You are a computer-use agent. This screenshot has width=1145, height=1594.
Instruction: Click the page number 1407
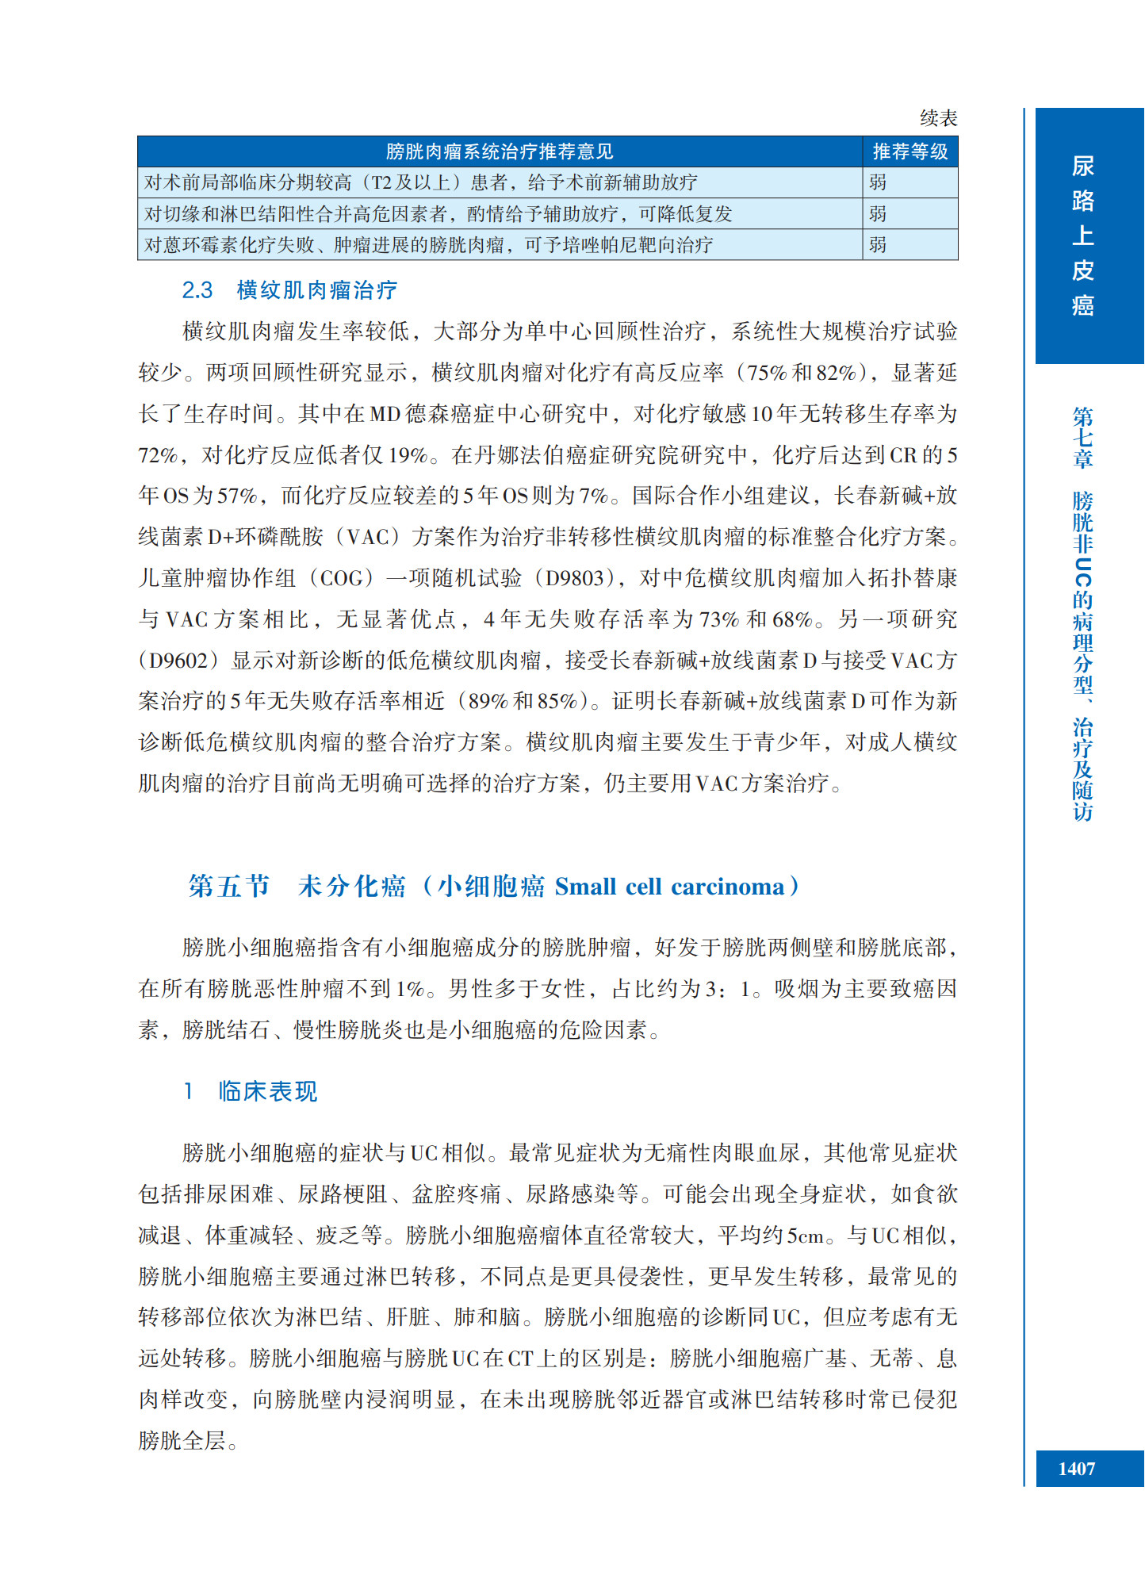1076,1469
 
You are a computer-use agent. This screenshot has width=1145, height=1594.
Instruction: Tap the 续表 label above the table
938,118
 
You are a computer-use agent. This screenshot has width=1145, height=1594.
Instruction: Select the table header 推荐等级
909,151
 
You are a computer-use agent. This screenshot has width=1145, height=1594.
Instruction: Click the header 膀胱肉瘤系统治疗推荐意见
500,151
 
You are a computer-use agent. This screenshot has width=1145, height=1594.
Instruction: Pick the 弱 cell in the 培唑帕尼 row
878,245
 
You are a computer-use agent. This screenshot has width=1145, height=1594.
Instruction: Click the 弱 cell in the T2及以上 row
878,182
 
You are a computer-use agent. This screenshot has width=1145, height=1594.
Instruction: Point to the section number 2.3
197,290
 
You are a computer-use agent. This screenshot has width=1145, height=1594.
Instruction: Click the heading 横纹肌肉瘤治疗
316,290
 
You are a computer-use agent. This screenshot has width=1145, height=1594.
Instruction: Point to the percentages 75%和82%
802,373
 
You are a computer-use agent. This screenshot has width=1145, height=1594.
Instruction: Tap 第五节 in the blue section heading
229,886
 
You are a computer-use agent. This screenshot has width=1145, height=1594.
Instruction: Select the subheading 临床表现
268,1091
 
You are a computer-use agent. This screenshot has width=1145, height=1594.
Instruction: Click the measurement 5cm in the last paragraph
806,1235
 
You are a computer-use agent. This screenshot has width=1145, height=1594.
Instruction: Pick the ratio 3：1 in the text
727,989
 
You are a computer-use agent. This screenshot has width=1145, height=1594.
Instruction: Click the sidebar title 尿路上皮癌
1082,236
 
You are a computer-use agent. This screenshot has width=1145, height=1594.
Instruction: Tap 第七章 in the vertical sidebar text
1082,437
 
